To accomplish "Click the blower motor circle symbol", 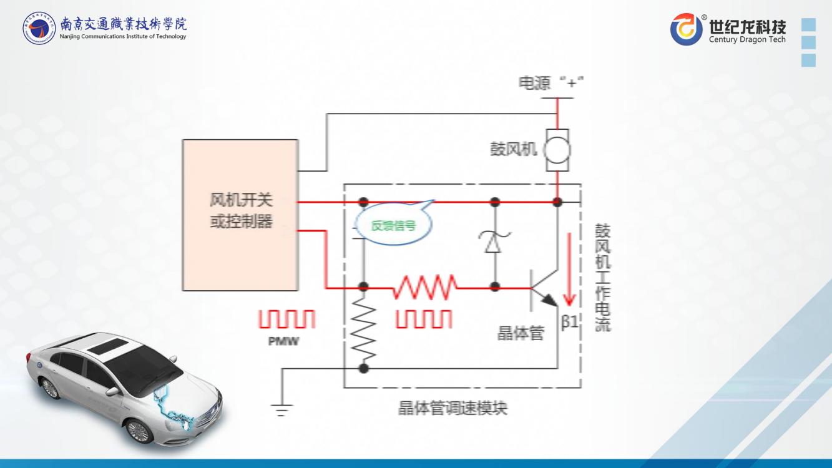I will coord(557,150).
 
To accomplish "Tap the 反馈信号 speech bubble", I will coord(393,225).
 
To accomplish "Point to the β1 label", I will coord(570,322).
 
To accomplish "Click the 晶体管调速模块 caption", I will coord(453,409).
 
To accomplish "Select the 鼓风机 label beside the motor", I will coord(514,150).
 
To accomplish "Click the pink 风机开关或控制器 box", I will coord(240,215).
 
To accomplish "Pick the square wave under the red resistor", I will coord(424,319).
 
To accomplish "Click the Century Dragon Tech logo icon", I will coord(687,29).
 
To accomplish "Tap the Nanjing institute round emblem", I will coord(39,28).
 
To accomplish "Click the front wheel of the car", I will coord(138,431).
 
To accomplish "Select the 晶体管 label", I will coord(520,333).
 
